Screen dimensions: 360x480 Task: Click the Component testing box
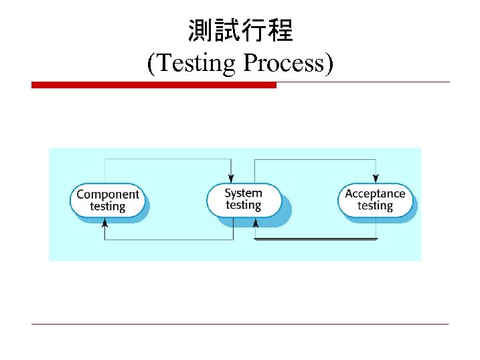coord(108,200)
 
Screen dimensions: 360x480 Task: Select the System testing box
coord(243,199)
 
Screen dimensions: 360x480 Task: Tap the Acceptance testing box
coord(375,199)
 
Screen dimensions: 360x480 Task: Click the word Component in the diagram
coord(108,194)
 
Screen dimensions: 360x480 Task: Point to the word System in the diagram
coord(243,193)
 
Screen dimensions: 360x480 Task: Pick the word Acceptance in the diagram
coord(375,193)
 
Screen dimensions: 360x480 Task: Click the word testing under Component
coord(108,206)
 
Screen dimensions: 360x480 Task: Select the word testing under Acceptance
coord(375,205)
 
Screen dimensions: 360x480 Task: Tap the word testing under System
coord(243,205)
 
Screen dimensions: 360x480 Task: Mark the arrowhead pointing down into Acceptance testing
coord(376,178)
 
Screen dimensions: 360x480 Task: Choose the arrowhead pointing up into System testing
coord(255,223)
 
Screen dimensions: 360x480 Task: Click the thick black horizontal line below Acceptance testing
coord(316,239)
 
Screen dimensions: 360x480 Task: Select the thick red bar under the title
coord(154,85)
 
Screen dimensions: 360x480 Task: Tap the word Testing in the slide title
coord(197,63)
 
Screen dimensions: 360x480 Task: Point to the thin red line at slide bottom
coord(240,325)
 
